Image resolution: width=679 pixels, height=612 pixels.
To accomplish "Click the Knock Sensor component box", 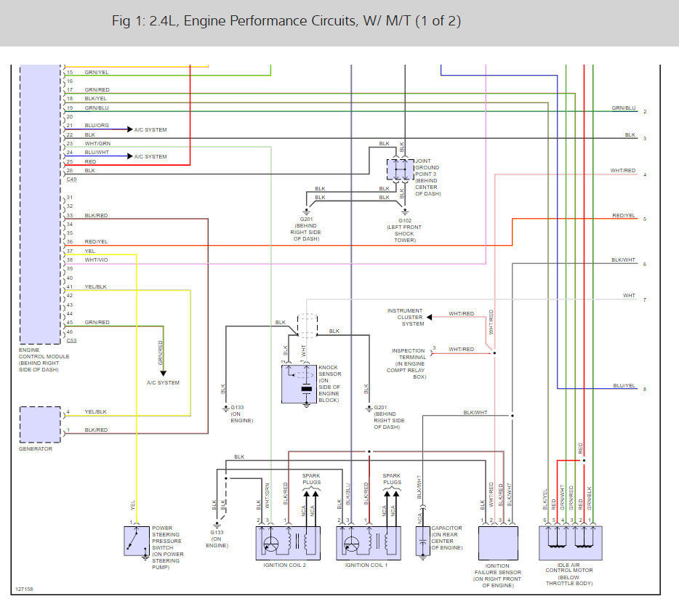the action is click(x=299, y=384).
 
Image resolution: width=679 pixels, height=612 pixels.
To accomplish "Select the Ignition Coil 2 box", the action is click(x=288, y=543).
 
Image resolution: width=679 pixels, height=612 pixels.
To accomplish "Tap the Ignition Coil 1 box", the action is click(x=369, y=543).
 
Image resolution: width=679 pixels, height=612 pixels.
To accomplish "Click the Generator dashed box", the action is click(x=40, y=424).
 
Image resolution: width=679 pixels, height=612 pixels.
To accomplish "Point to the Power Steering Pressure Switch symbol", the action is click(x=137, y=541).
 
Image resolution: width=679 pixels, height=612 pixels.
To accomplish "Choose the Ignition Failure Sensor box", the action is click(x=498, y=543).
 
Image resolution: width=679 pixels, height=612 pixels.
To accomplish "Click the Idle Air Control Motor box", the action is click(x=570, y=543).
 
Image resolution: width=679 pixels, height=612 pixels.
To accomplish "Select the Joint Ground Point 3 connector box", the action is click(x=400, y=169).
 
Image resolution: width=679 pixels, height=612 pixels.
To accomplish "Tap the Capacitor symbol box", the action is click(x=422, y=541).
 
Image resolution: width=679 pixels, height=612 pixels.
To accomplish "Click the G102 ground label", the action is click(x=405, y=220).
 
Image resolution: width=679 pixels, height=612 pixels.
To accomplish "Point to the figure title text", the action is click(x=286, y=21).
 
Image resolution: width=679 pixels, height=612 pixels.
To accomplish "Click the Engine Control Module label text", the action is click(x=44, y=360).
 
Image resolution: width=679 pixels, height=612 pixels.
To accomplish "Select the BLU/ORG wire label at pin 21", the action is click(x=97, y=126).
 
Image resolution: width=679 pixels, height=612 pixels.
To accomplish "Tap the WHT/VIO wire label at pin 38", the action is click(x=96, y=259).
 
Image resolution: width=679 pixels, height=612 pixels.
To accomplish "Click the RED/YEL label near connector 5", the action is click(x=624, y=215).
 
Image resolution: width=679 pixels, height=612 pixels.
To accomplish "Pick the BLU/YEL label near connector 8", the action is click(x=624, y=385).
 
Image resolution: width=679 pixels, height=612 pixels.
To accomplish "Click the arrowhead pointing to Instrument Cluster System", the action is click(x=429, y=317).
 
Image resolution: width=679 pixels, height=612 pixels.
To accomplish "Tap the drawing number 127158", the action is click(x=24, y=589).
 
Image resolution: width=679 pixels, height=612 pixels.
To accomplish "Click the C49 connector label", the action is click(x=71, y=180).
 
